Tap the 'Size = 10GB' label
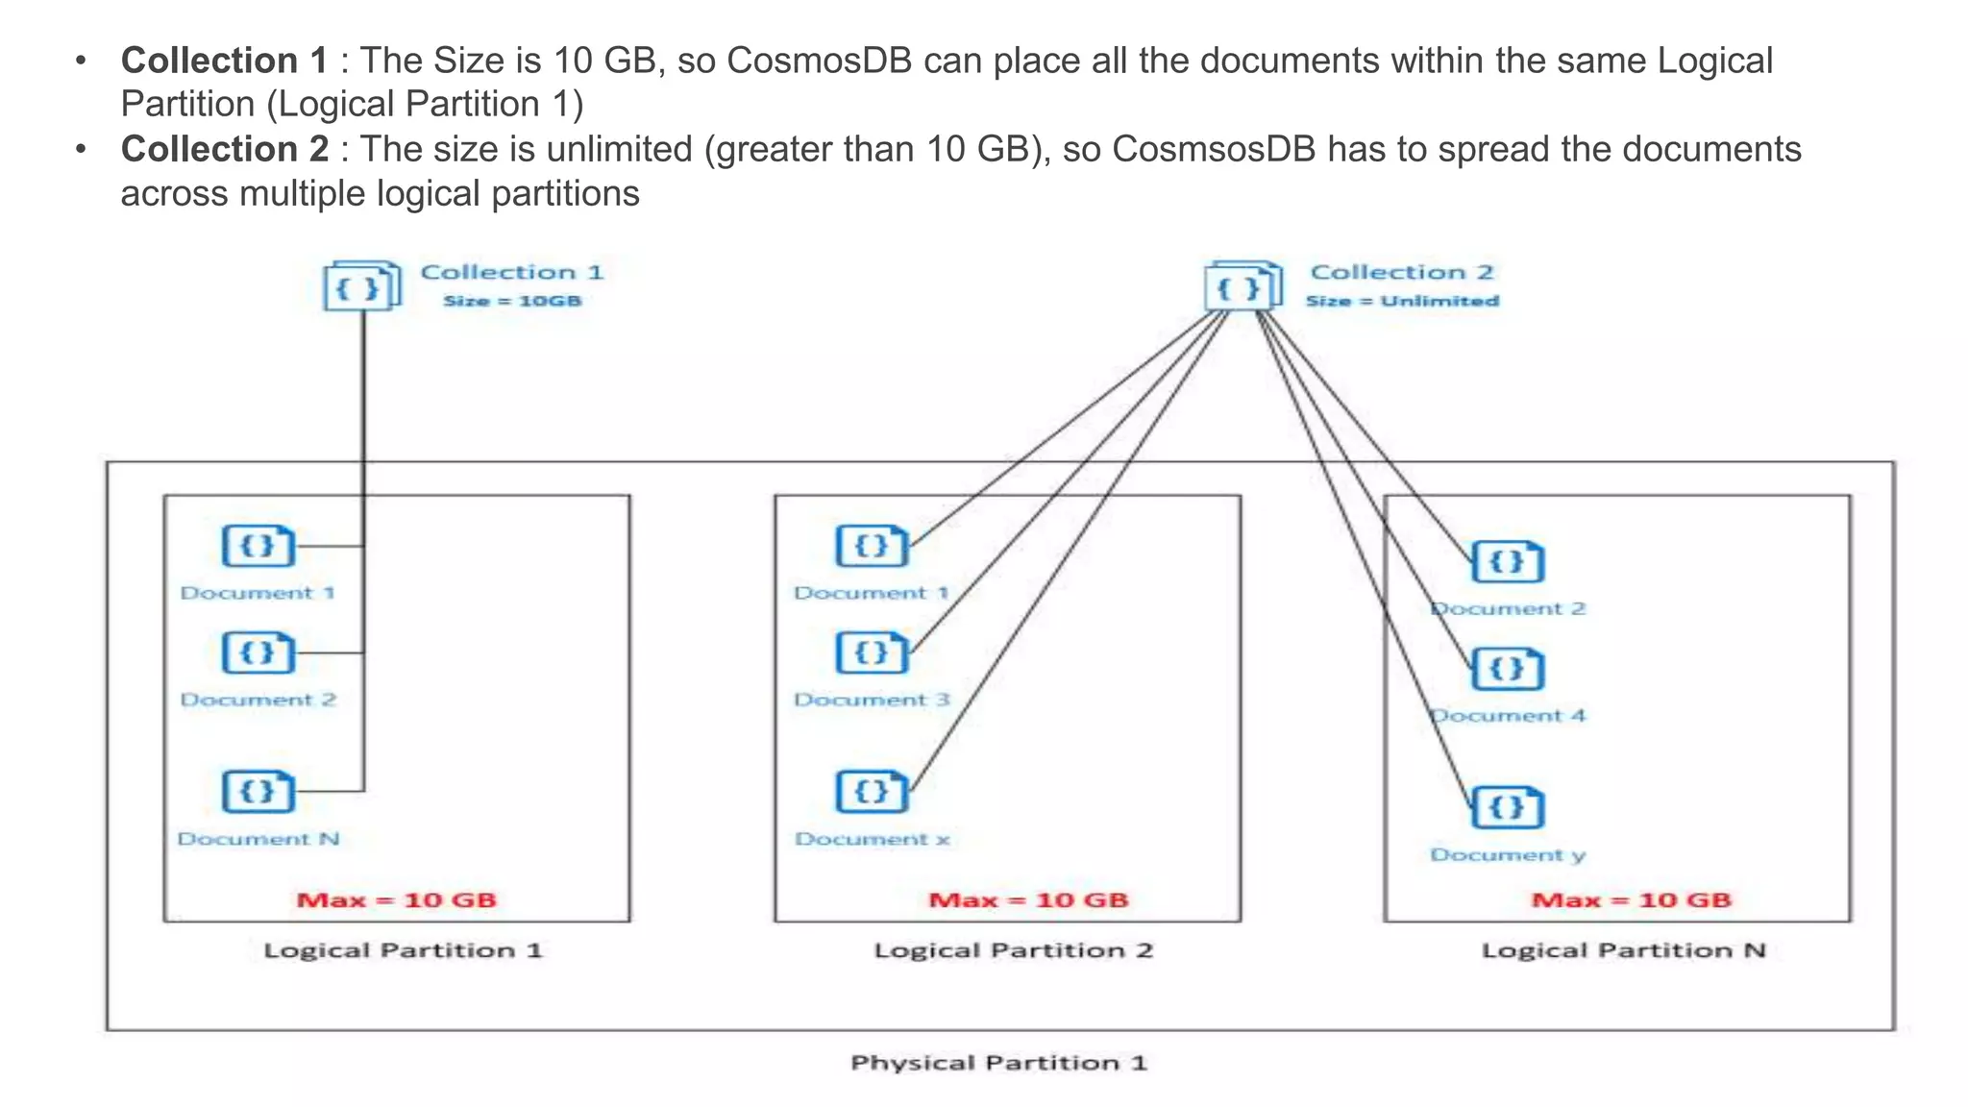pos(512,301)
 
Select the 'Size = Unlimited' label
pos(1402,301)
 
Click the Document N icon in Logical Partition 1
pos(258,792)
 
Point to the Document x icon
pos(872,792)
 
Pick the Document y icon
pos(1507,807)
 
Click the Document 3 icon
pos(872,653)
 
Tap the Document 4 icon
pos(1507,669)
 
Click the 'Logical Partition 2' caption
pos(1013,950)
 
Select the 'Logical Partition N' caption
pos(1623,950)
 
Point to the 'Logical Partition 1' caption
pos(403,950)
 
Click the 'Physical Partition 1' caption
pos(998,1063)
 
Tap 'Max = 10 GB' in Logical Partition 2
pos(1028,900)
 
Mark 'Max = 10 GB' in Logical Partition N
pos(1631,900)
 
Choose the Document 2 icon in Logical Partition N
pos(1507,562)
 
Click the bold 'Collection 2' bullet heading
pos(224,150)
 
